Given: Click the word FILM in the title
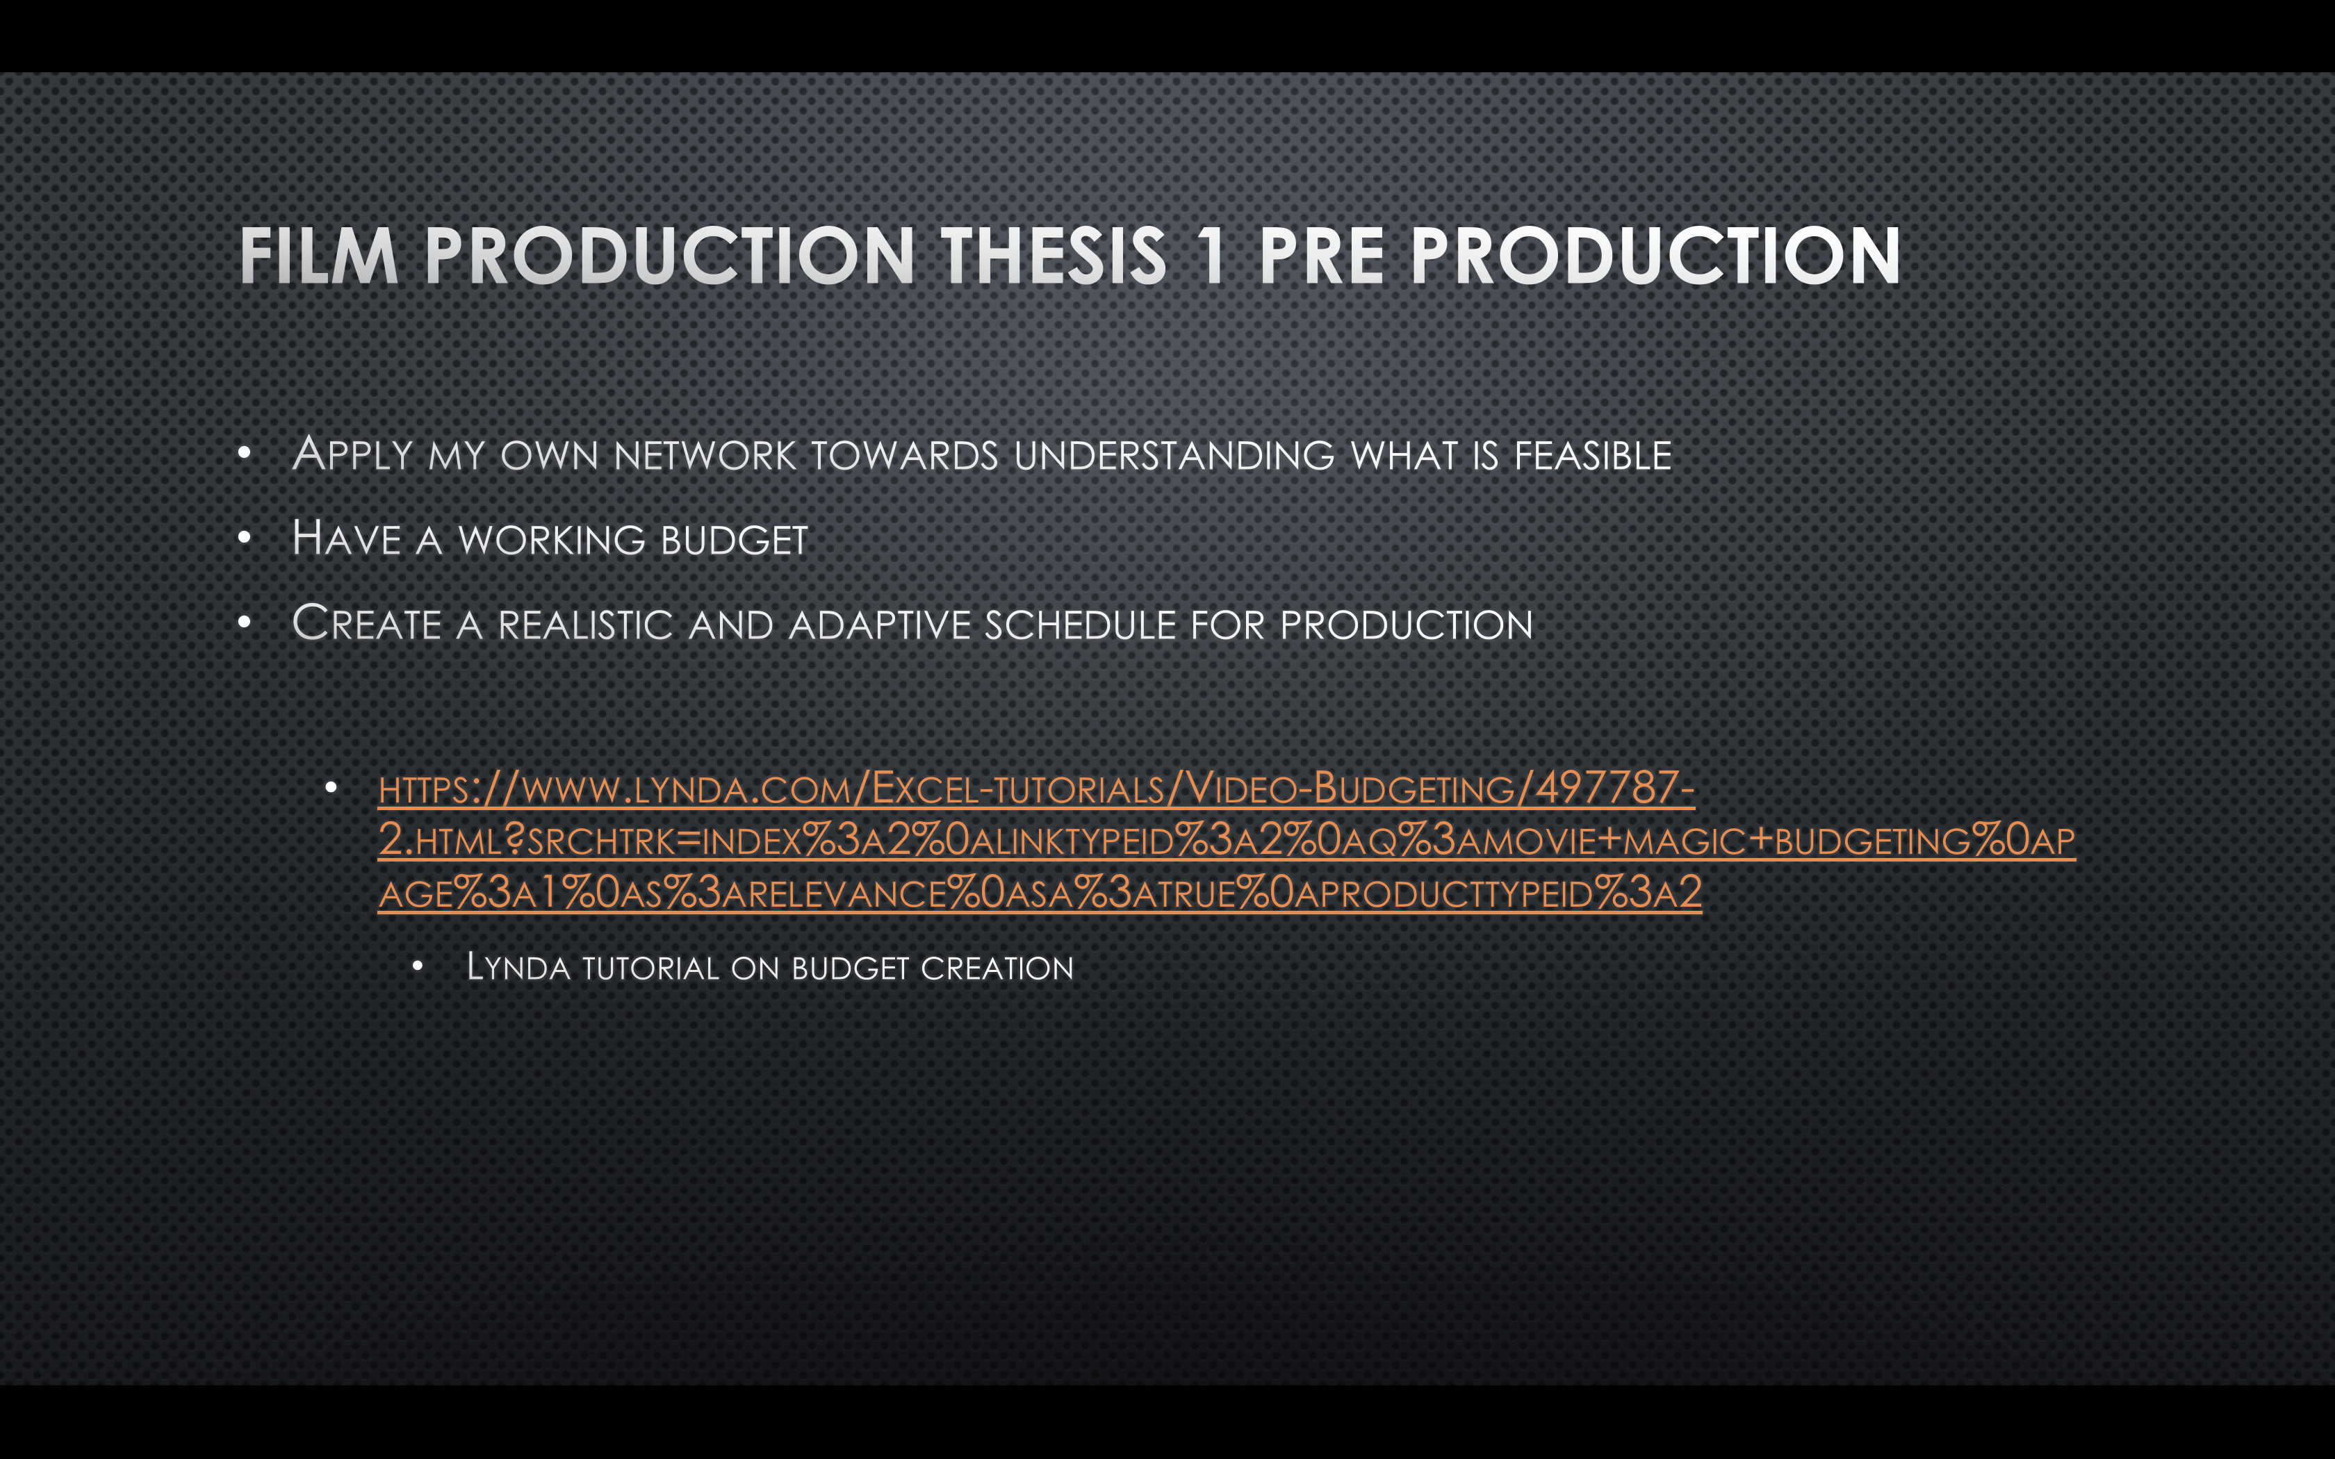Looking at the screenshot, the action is coord(318,256).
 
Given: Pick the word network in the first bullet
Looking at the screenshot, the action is coord(705,456).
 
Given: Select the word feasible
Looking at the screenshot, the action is coord(1593,456).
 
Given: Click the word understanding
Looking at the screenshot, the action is coord(1174,456).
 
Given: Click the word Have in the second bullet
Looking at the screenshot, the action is coord(346,538).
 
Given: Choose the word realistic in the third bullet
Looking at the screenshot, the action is coord(586,625).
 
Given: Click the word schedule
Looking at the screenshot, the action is coord(1080,625).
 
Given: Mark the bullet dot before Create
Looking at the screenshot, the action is coord(245,623).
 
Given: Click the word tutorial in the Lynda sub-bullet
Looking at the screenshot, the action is coord(650,968).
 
